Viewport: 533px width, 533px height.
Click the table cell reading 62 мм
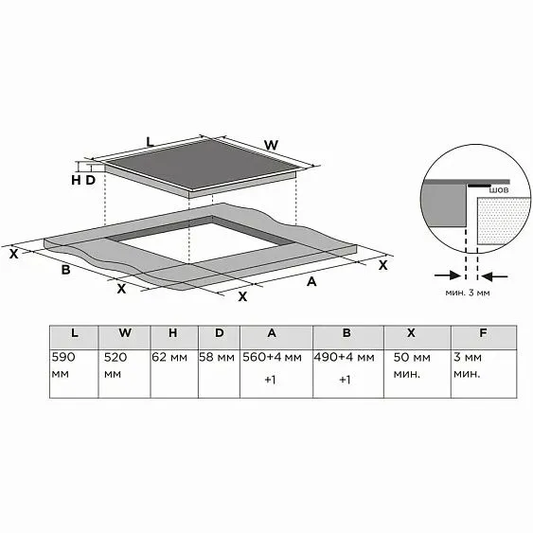(x=174, y=374)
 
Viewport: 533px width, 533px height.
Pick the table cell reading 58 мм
(x=219, y=374)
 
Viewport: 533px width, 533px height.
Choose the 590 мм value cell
(x=74, y=374)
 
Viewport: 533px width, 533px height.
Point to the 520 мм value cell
(x=124, y=374)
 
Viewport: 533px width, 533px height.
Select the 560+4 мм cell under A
(x=276, y=374)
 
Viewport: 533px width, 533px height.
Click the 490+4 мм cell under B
(x=348, y=374)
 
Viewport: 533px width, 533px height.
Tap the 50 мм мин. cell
(x=418, y=374)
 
